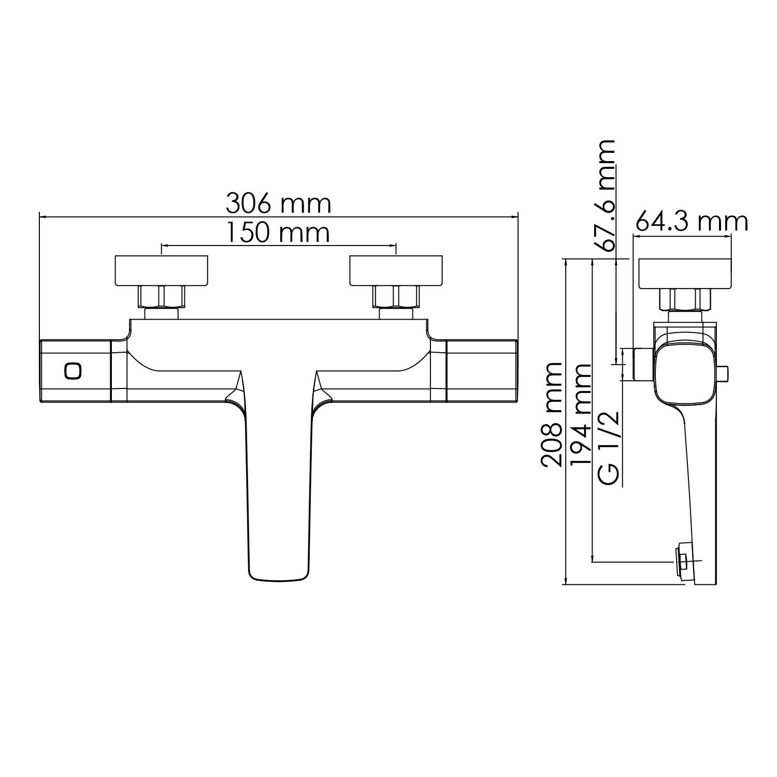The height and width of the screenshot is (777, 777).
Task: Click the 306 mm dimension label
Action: click(x=278, y=204)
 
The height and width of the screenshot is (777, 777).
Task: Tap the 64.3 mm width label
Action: click(x=692, y=222)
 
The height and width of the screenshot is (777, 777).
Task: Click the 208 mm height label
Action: click(x=551, y=415)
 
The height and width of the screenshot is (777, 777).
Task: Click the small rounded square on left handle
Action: click(x=73, y=371)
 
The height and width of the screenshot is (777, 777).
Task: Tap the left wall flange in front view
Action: click(x=161, y=270)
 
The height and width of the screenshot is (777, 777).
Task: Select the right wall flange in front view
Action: click(x=396, y=270)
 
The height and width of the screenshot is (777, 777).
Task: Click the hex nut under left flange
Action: click(x=161, y=296)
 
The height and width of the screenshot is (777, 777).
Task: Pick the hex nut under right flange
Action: click(x=396, y=296)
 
